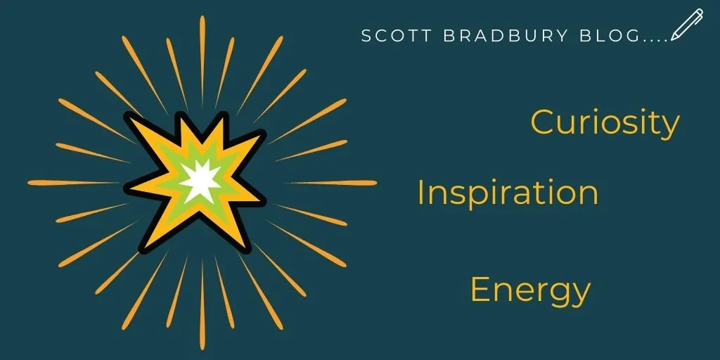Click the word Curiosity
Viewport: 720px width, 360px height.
(605, 122)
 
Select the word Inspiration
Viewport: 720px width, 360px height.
(508, 193)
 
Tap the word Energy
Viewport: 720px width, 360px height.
(530, 291)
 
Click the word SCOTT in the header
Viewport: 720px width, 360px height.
(397, 36)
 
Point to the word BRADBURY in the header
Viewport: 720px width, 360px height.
(506, 36)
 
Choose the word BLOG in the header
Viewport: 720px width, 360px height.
(610, 36)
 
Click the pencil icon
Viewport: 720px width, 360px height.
(687, 25)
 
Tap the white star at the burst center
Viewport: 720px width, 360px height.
(200, 181)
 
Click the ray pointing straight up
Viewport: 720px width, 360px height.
(202, 62)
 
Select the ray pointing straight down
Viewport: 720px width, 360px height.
(202, 304)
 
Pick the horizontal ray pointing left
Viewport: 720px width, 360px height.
(73, 182)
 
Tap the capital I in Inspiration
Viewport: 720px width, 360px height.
(420, 192)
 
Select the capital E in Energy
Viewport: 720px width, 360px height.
(479, 290)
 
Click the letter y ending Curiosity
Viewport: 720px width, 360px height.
(671, 128)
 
